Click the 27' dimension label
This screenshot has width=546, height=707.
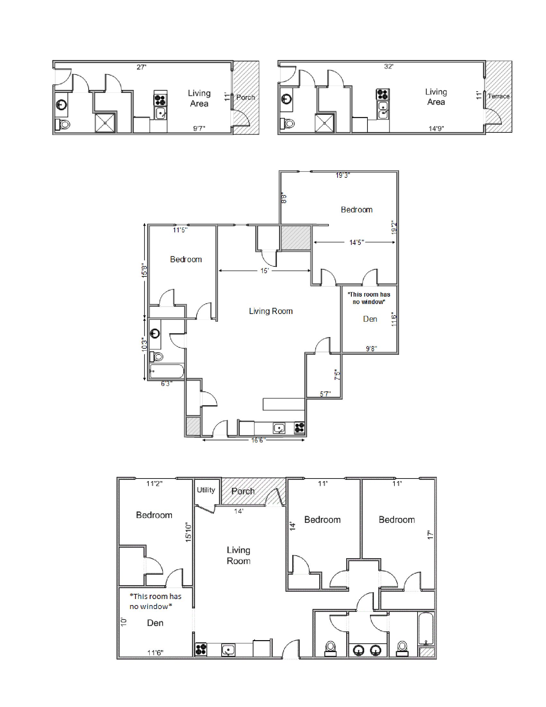click(142, 67)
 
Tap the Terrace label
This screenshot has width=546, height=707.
click(498, 96)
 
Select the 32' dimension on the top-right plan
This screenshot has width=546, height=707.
click(389, 67)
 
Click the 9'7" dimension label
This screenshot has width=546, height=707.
click(199, 129)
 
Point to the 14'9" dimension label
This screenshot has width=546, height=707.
click(436, 129)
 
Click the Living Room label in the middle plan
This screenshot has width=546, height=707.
click(271, 311)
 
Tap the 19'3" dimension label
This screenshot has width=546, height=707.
click(343, 175)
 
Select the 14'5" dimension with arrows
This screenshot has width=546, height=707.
click(357, 242)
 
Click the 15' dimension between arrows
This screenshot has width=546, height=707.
click(265, 271)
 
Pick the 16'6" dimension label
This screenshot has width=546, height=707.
click(258, 440)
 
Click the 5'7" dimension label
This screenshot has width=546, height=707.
click(325, 394)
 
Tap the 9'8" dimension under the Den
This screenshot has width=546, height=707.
click(371, 349)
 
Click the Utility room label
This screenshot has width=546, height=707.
click(206, 490)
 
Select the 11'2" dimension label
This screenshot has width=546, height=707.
click(154, 484)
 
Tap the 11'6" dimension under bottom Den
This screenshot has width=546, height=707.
click(155, 653)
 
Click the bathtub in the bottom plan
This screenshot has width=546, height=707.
click(426, 628)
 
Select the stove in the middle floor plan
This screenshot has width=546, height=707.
click(299, 428)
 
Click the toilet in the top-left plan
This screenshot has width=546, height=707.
click(63, 124)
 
